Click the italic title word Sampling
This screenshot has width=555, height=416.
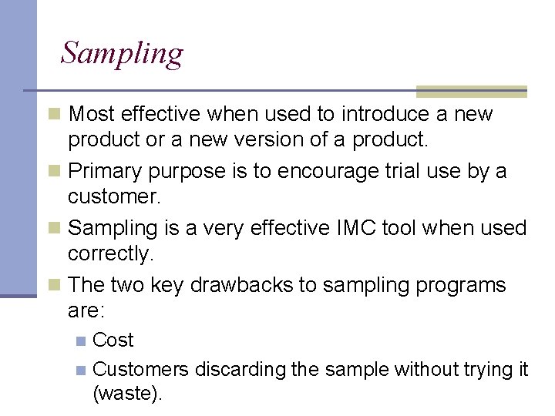[x=122, y=54]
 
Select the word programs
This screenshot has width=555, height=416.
[x=461, y=286]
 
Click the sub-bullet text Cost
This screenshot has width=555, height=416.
[x=113, y=340]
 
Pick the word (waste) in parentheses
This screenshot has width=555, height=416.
[x=127, y=394]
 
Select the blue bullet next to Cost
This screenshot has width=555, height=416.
[x=81, y=341]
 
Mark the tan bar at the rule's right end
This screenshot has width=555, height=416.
[x=471, y=92]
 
